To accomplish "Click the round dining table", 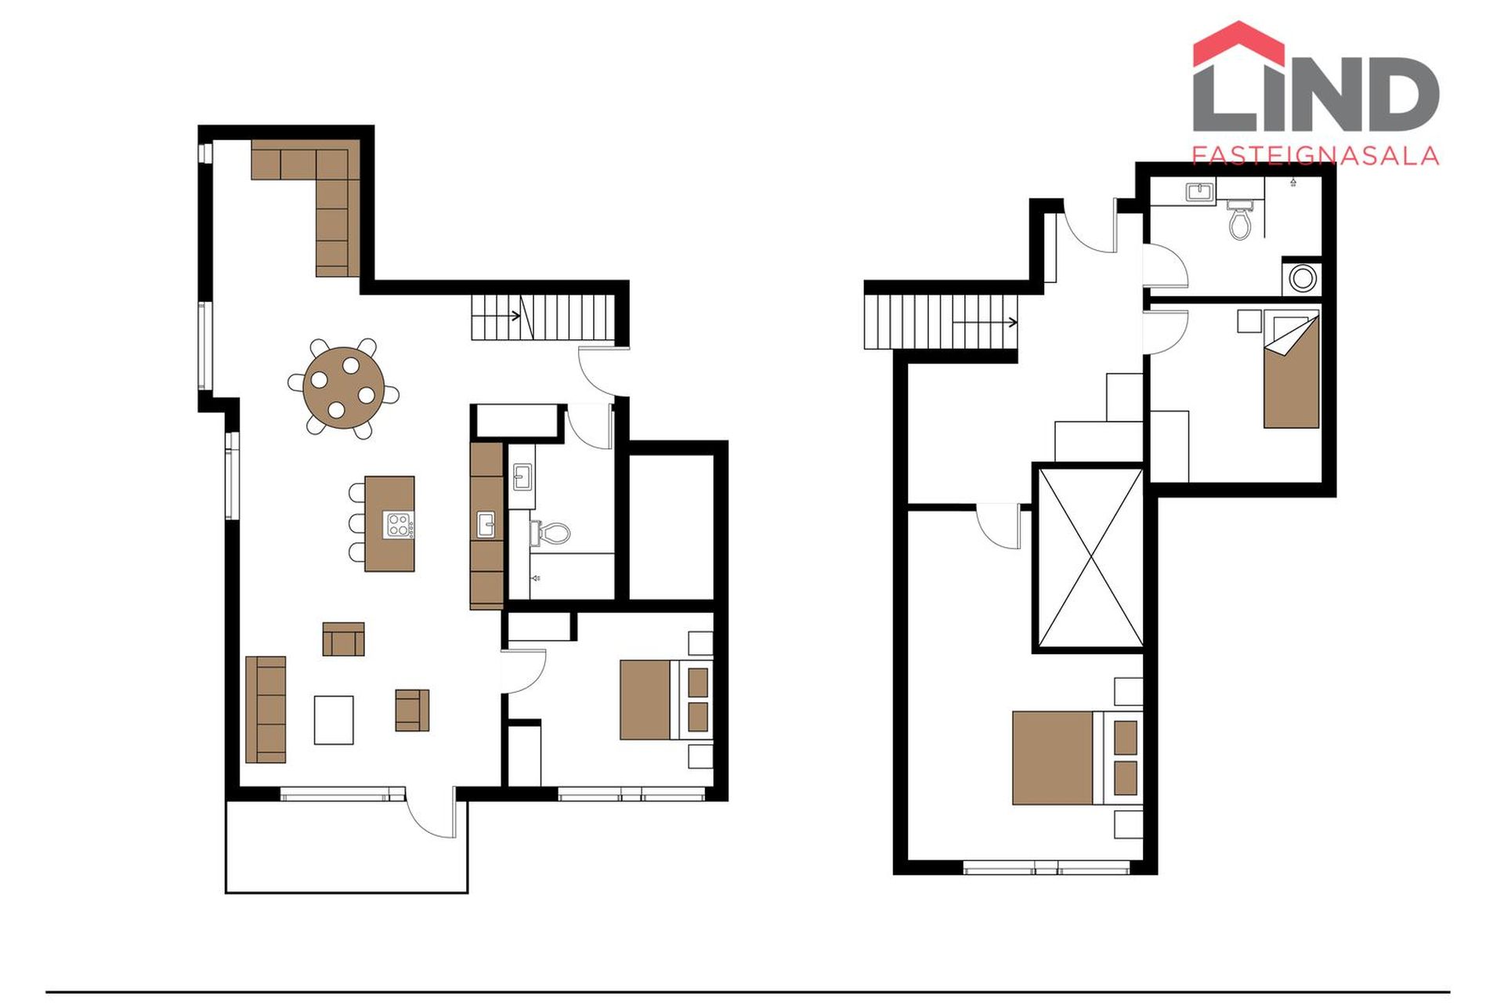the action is (x=344, y=388).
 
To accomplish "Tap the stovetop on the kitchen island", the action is (x=398, y=525).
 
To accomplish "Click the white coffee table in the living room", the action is (x=334, y=719).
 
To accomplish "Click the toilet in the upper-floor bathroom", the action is (x=1239, y=219).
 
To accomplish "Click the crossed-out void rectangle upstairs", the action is (x=1090, y=557).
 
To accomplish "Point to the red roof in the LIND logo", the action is (x=1238, y=45).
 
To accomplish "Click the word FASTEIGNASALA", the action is (x=1315, y=155).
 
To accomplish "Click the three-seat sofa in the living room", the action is (x=266, y=709).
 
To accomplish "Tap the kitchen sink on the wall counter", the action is (x=486, y=524).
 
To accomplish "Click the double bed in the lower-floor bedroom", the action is (x=666, y=699).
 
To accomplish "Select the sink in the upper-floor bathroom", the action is (x=1199, y=192).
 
